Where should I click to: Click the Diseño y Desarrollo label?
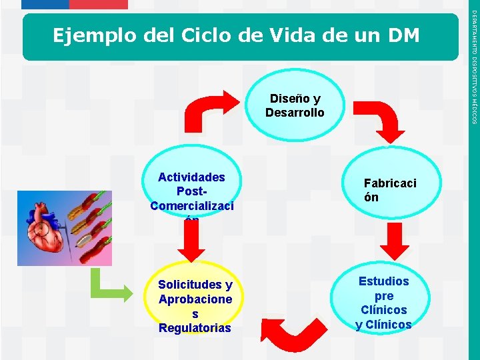(295, 106)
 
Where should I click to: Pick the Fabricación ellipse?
(390, 190)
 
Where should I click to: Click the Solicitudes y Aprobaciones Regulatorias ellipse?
(195, 305)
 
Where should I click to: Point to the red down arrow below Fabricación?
(389, 243)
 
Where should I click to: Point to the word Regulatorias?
(195, 328)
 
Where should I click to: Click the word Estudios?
(383, 281)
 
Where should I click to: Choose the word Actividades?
(191, 177)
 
